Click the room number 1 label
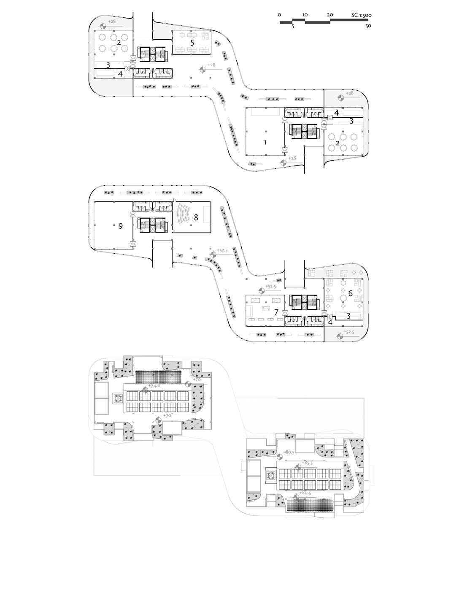click(265, 143)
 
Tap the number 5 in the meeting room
click(192, 43)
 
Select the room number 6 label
click(350, 293)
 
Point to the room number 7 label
click(276, 312)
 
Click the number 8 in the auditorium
click(196, 218)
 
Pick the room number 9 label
click(120, 226)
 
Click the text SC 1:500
click(361, 15)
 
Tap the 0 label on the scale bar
click(279, 15)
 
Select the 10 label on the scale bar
click(305, 15)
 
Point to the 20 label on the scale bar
click(330, 15)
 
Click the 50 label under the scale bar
click(368, 26)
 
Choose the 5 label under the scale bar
click(293, 26)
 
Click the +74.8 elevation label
click(154, 386)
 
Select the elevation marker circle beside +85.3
click(299, 466)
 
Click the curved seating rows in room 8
click(184, 215)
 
